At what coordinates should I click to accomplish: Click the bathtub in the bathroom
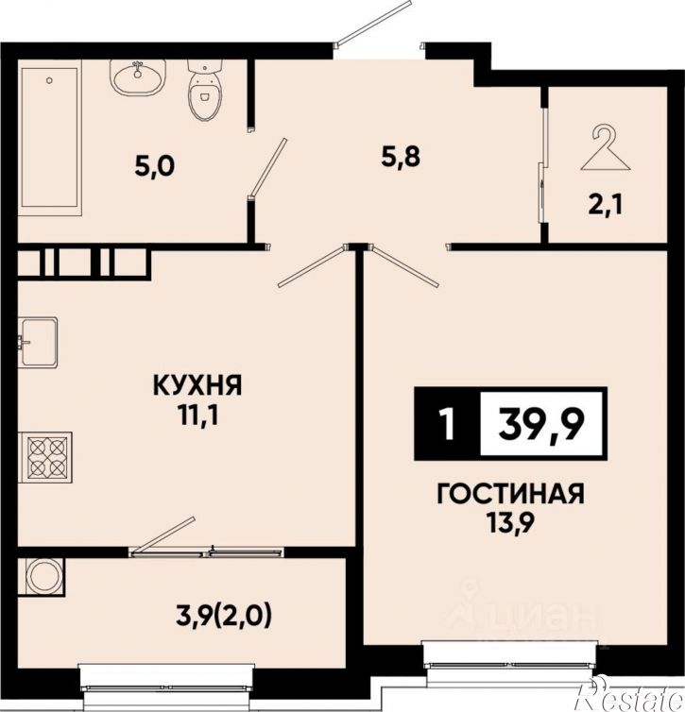pyautogui.click(x=50, y=138)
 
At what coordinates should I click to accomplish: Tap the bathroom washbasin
pyautogui.click(x=138, y=78)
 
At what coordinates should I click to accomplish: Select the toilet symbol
pyautogui.click(x=203, y=91)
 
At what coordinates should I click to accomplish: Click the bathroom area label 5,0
pyautogui.click(x=154, y=167)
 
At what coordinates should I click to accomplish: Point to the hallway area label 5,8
pyautogui.click(x=402, y=157)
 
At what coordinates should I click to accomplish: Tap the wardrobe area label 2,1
pyautogui.click(x=606, y=206)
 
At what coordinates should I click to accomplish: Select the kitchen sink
pyautogui.click(x=38, y=342)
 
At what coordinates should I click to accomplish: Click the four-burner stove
pyautogui.click(x=45, y=457)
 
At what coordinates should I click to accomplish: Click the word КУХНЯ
pyautogui.click(x=198, y=386)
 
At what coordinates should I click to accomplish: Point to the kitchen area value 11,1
pyautogui.click(x=198, y=415)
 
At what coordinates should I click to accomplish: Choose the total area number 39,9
pyautogui.click(x=540, y=425)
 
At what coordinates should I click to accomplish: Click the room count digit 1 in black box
pyautogui.click(x=448, y=425)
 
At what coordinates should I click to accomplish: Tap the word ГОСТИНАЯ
pyautogui.click(x=510, y=494)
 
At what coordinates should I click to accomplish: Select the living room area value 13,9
pyautogui.click(x=511, y=523)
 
